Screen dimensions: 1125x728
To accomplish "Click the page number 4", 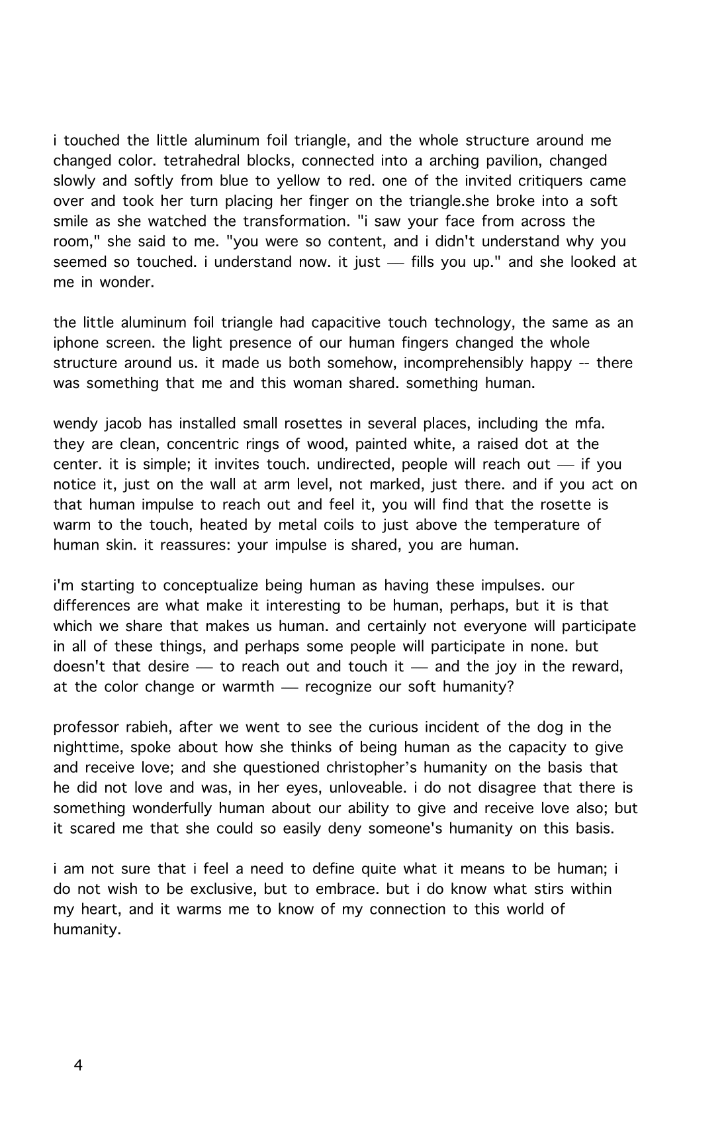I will pyautogui.click(x=79, y=1066).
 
